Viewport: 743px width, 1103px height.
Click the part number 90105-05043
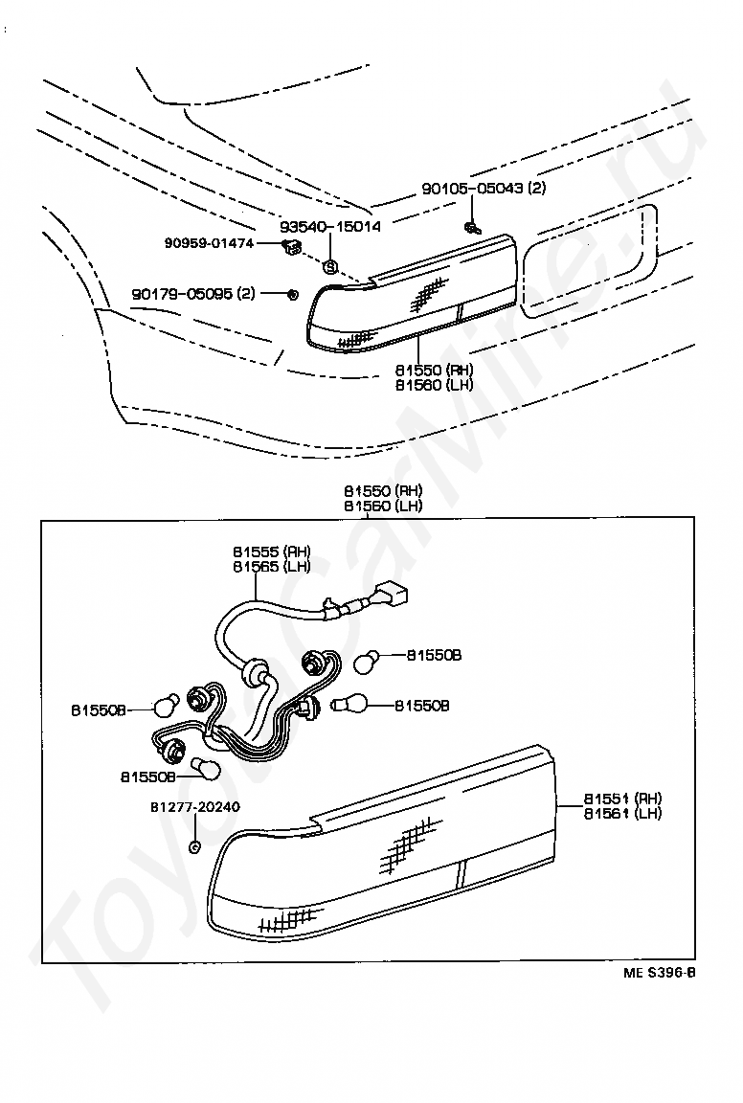[472, 189]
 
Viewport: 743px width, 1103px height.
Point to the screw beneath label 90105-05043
[471, 227]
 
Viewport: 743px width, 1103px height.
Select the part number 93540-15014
[330, 227]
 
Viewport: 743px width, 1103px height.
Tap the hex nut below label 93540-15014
[329, 267]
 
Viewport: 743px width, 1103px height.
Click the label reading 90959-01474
[208, 244]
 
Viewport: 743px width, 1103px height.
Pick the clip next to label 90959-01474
[291, 249]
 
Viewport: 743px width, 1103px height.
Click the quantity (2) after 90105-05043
[536, 189]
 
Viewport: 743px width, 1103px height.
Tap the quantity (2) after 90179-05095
[245, 294]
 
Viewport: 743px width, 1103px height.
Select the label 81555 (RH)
[271, 551]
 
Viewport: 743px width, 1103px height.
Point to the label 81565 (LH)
[271, 566]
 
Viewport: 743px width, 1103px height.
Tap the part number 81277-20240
[195, 807]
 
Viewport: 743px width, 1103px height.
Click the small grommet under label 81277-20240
[195, 846]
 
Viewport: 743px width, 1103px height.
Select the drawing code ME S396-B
[659, 974]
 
